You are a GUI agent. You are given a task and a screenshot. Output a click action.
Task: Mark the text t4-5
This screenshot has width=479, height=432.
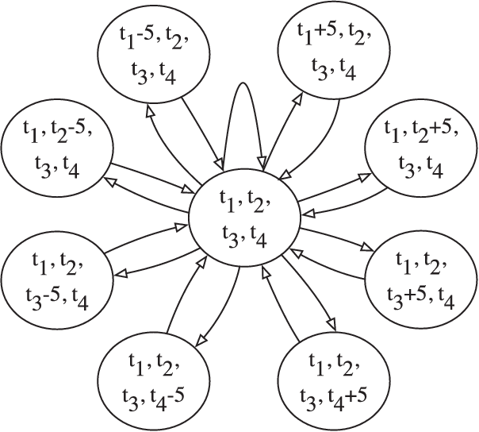click(x=175, y=395)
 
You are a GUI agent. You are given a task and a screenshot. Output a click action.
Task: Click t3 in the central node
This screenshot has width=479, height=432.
click(x=228, y=236)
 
